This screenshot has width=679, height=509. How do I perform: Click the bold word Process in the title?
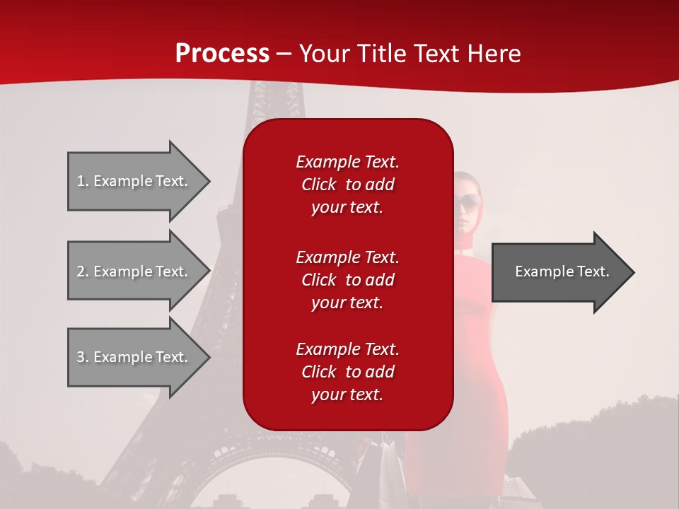(222, 54)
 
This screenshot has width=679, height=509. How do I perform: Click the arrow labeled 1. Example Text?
(134, 181)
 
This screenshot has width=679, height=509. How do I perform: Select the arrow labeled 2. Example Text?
(134, 271)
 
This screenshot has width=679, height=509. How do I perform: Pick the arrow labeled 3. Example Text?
(134, 357)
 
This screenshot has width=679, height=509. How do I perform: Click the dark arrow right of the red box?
(559, 272)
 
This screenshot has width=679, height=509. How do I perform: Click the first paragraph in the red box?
(347, 185)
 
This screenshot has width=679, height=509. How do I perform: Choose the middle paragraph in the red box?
(347, 280)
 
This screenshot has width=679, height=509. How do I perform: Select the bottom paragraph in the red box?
(347, 372)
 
